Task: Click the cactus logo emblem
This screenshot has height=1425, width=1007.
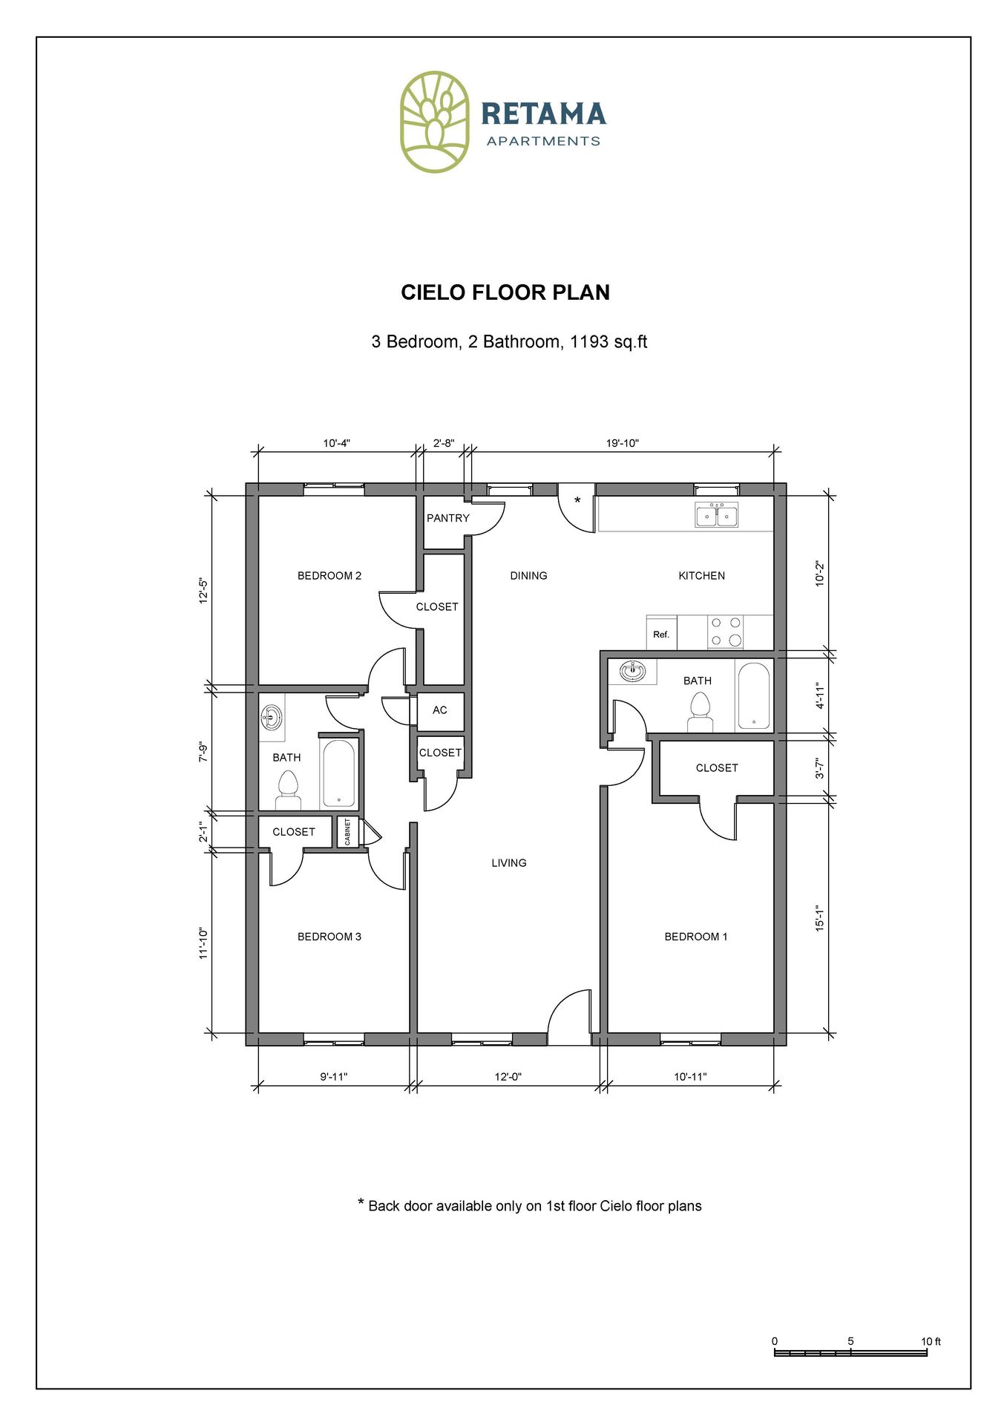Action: coord(434,122)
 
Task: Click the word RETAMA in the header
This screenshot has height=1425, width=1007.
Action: coord(543,114)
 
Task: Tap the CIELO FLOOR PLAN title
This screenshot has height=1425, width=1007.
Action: coord(505,292)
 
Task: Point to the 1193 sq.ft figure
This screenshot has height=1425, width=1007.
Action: coord(609,342)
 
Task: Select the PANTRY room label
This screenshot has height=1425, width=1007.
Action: coord(447,518)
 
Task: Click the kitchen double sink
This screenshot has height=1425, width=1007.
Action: coord(716,515)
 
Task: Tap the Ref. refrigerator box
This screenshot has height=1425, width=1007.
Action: coord(661,634)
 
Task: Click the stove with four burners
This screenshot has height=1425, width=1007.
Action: coord(725,632)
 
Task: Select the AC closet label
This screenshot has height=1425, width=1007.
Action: coord(440,710)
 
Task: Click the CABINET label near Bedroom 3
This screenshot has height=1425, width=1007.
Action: coord(347,832)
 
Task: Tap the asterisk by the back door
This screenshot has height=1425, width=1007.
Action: coord(577,501)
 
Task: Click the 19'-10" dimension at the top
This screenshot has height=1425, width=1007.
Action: coord(622,443)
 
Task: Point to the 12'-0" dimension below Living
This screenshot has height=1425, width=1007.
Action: coord(508,1077)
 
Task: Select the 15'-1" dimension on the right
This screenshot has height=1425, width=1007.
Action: coord(820,918)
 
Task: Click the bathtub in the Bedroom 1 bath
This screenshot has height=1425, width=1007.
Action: coord(753,696)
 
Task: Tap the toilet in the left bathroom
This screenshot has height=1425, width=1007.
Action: coord(287,790)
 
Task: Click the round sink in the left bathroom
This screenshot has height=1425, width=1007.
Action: coord(272,718)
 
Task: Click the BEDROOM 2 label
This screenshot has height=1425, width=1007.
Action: coord(329,576)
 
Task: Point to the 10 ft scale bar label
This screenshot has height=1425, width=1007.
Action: coord(931,1341)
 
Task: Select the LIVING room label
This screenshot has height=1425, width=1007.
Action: coord(508,863)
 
